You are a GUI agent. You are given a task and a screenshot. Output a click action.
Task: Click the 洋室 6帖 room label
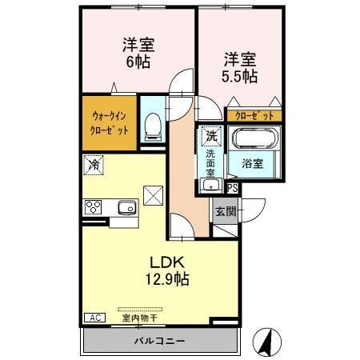pyautogui.click(x=138, y=53)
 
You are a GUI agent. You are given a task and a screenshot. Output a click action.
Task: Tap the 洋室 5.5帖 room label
pyautogui.click(x=239, y=67)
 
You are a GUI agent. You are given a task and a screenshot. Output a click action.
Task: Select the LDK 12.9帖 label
pyautogui.click(x=166, y=271)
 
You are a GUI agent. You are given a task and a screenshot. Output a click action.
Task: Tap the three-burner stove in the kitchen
pyautogui.click(x=94, y=207)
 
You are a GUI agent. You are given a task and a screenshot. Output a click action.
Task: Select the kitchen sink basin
pyautogui.click(x=127, y=208)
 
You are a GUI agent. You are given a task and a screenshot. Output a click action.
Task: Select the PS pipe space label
pyautogui.click(x=232, y=188)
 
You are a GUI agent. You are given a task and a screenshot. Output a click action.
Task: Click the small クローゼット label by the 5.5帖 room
pyautogui.click(x=254, y=115)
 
